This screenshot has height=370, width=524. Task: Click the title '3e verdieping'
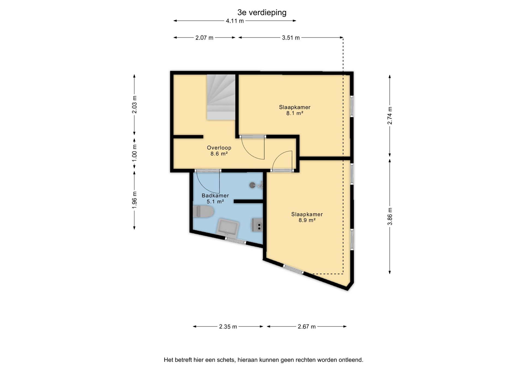pos(262,13)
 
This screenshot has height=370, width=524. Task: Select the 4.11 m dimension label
pos(235,21)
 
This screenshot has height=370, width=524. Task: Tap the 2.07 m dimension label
pos(204,38)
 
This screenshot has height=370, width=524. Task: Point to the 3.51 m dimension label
pos(291,38)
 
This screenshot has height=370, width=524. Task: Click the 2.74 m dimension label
pos(390,116)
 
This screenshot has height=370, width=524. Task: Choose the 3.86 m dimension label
pos(390,216)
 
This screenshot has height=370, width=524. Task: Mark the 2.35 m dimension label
pos(228,327)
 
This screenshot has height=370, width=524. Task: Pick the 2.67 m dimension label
pos(306,327)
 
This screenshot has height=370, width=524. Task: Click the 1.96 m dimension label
pos(134,200)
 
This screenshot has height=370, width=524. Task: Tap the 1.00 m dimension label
pos(134,153)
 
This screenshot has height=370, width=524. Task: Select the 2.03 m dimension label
pos(134,105)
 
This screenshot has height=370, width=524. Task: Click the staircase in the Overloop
pos(221,97)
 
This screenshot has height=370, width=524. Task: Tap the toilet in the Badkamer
pos(203,212)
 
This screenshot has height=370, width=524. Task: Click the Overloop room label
pos(219,148)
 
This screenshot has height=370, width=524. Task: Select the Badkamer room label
pos(215,196)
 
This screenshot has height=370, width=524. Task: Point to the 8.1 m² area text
pos(295,113)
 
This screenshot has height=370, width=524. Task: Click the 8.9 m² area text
pos(307,220)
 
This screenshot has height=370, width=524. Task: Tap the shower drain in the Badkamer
pos(252,185)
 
